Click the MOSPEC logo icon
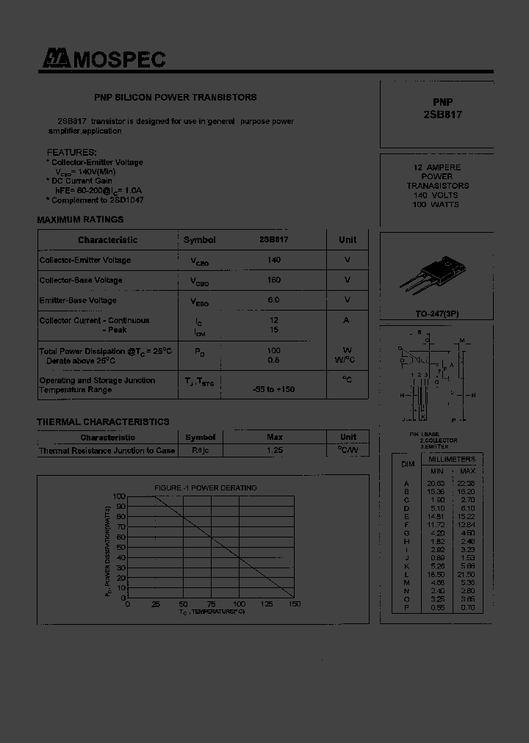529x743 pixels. pyautogui.click(x=54, y=60)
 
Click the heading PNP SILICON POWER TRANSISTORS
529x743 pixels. pyautogui.click(x=176, y=97)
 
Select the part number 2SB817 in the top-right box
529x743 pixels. pyautogui.click(x=442, y=115)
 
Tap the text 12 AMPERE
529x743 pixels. pyautogui.click(x=437, y=167)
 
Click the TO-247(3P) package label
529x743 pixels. pyautogui.click(x=436, y=313)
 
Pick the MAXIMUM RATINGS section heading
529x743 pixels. pyautogui.click(x=80, y=220)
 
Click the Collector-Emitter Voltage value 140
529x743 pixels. pyautogui.click(x=274, y=260)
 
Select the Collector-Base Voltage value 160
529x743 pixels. pyautogui.click(x=274, y=280)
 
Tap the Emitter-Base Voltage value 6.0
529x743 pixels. pyautogui.click(x=274, y=300)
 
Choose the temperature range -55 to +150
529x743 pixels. pyautogui.click(x=273, y=389)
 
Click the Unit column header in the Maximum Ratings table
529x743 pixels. pyautogui.click(x=348, y=239)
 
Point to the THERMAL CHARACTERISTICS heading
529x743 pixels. pyautogui.click(x=103, y=421)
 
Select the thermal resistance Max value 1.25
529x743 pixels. pyautogui.click(x=274, y=450)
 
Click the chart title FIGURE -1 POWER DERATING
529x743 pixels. pyautogui.click(x=205, y=488)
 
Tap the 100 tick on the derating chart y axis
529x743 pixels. pyautogui.click(x=119, y=496)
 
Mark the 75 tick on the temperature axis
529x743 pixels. pyautogui.click(x=211, y=604)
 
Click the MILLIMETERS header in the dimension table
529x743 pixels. pyautogui.click(x=453, y=458)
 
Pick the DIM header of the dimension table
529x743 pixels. pyautogui.click(x=408, y=464)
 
